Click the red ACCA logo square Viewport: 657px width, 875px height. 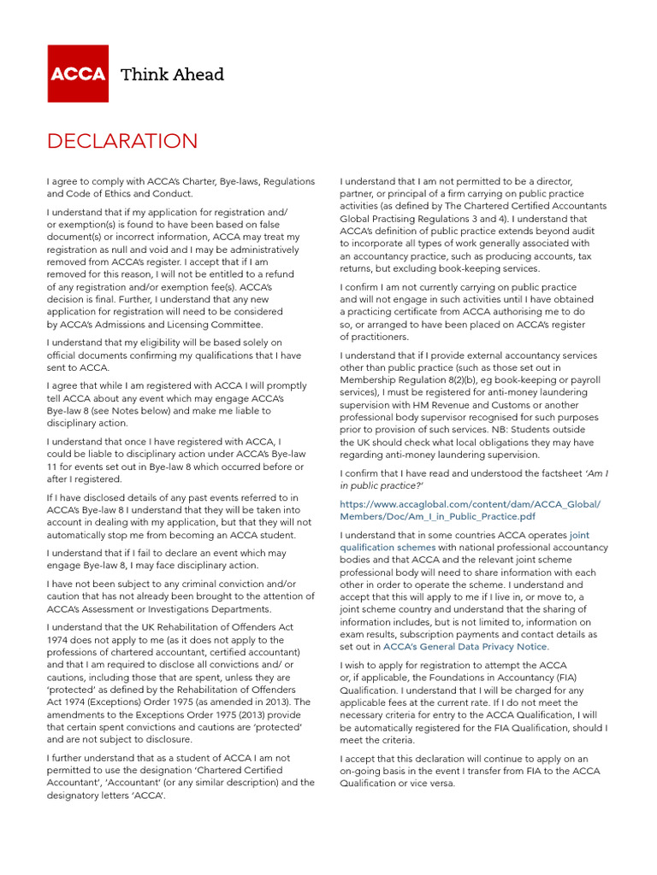coord(78,73)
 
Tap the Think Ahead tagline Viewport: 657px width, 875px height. coord(172,74)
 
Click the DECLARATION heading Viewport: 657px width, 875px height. coord(122,141)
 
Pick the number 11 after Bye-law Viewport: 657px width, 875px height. coord(53,467)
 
